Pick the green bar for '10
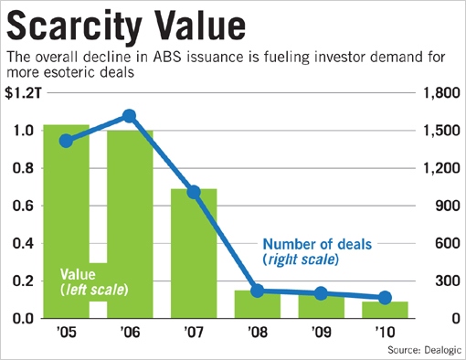(385, 310)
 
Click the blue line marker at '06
(129, 116)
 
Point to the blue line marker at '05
(65, 141)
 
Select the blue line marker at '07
(194, 192)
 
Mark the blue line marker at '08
(258, 291)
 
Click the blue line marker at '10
(385, 298)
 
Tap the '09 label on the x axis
(321, 332)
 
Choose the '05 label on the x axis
(65, 332)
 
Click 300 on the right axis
(441, 281)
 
